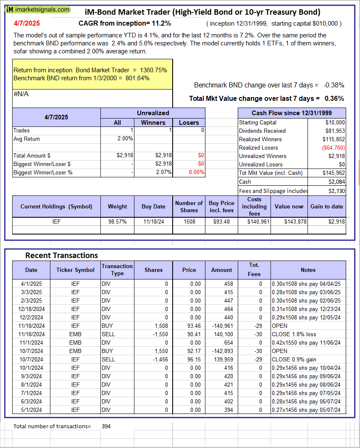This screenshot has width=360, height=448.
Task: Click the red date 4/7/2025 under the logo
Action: tap(26, 24)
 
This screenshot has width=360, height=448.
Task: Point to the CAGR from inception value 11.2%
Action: tap(162, 24)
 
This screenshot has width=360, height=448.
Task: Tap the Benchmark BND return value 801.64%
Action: tap(137, 78)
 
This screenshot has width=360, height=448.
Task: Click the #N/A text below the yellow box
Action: tap(21, 94)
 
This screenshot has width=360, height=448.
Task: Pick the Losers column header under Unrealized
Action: tap(189, 122)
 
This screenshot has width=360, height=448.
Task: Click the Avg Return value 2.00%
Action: tap(125, 139)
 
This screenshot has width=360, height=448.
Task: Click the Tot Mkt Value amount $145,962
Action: tap(334, 173)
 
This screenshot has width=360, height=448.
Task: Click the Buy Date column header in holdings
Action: tap(153, 206)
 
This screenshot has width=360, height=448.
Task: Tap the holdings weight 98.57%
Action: tap(118, 221)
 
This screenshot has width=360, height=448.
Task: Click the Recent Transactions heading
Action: tap(61, 255)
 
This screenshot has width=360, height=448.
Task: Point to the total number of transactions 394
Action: tap(106, 426)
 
